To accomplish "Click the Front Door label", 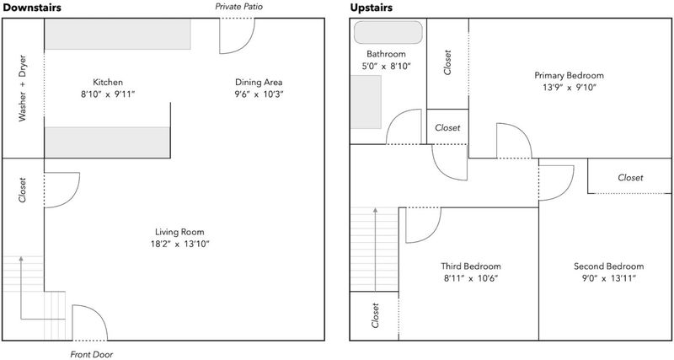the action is coord(92,354).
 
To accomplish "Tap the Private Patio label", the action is coord(238,7).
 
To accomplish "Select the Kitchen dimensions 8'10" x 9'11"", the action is coord(108,94).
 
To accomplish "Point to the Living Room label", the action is coord(179,232).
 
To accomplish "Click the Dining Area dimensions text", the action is coord(259,94).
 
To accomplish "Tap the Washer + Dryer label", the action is coord(23,89).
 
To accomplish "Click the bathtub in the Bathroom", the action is coord(388,32).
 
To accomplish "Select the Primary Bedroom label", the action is coord(570,75).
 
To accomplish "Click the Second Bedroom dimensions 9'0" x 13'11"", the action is coord(608,278).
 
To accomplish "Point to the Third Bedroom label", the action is coord(471,266).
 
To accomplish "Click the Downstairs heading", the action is coord(32,8).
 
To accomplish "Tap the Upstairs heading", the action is coord(371,8).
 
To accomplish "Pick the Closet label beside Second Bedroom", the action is coord(630,177).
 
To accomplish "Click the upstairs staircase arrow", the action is coord(375,250).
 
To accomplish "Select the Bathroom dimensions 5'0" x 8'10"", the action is coord(386,67).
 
